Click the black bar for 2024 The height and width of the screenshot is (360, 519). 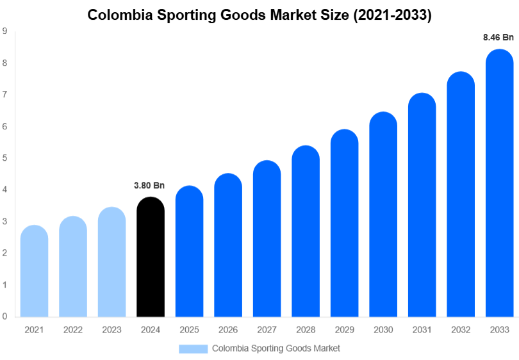click(x=151, y=258)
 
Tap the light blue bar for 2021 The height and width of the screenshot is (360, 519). click(x=34, y=272)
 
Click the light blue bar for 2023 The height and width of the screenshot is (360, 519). click(x=111, y=263)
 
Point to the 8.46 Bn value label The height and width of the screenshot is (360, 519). click(x=498, y=38)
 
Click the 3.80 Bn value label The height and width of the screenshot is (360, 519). click(x=149, y=186)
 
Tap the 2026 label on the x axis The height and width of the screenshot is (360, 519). click(x=228, y=329)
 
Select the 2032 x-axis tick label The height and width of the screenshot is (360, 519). click(x=461, y=329)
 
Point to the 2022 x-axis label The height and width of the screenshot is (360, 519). click(x=73, y=329)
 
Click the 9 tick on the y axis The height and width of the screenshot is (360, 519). click(x=5, y=31)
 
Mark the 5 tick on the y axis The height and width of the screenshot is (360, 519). click(x=5, y=158)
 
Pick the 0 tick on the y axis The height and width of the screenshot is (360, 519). click(x=5, y=316)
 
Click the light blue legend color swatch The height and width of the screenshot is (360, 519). click(x=193, y=348)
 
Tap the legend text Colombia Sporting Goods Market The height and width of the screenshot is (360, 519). click(x=276, y=348)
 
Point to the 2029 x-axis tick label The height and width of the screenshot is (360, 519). click(x=344, y=329)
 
